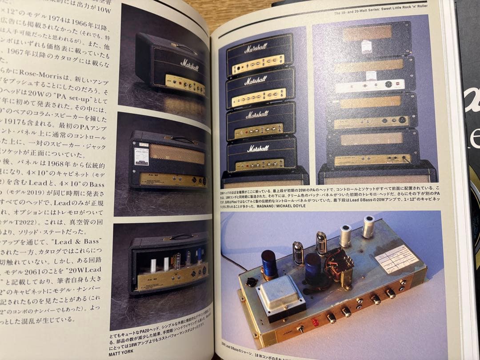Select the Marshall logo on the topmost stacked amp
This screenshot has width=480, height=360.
click(256, 47)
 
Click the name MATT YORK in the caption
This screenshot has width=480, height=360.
click(123, 354)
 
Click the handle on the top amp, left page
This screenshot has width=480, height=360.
click(183, 47)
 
